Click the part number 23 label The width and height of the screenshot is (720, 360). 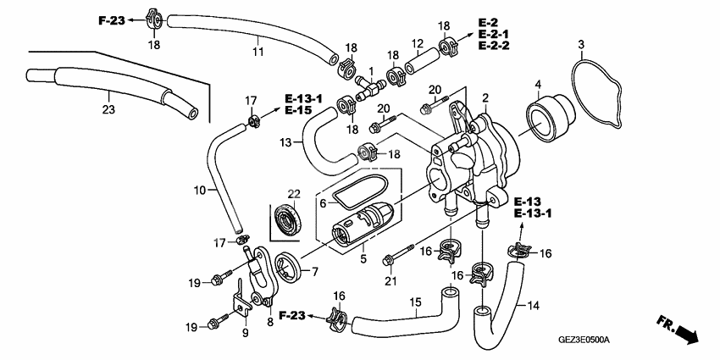(108, 108)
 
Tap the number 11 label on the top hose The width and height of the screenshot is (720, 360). (258, 52)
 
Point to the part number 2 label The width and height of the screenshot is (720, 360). (485, 97)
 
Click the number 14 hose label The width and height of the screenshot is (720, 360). (534, 305)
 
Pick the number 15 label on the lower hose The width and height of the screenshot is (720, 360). (416, 302)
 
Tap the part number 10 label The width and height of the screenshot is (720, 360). (199, 191)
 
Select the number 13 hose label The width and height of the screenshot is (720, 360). (285, 141)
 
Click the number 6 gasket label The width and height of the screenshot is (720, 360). (323, 203)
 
